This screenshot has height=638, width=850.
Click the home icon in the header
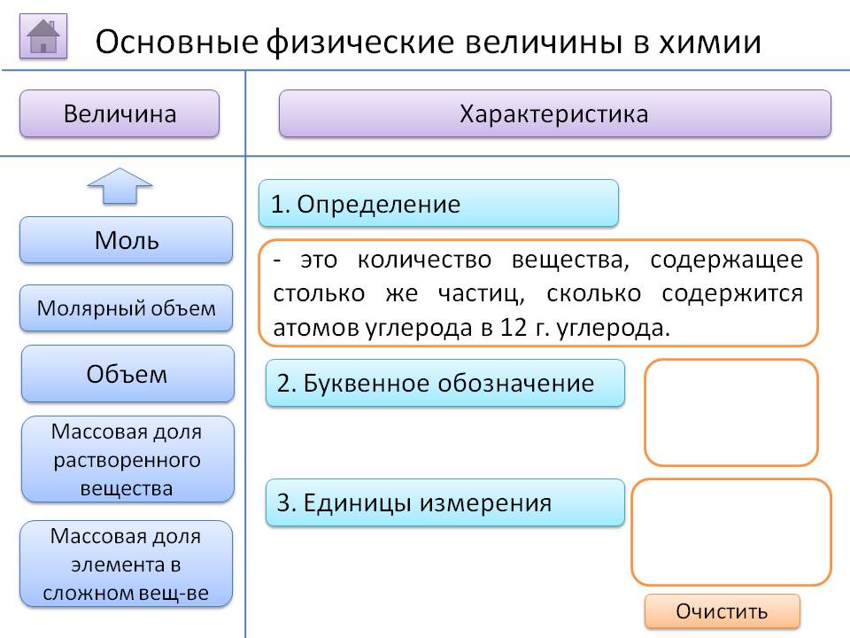tap(43, 37)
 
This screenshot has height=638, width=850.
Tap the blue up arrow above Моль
tap(120, 186)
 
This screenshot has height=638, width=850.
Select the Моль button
tap(127, 240)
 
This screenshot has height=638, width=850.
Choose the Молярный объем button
tap(127, 308)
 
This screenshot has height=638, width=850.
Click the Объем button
tap(127, 374)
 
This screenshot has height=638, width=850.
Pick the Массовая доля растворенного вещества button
tap(127, 459)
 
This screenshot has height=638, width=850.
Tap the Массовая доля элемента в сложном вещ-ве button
tap(127, 564)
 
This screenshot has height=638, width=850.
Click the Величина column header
tap(120, 113)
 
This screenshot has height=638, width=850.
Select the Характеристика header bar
tap(554, 113)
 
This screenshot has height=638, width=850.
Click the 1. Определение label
tap(438, 204)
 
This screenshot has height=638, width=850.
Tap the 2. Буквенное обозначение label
tap(445, 383)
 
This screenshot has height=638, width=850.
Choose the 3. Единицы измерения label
tap(445, 503)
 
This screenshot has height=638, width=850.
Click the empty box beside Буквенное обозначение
tap(730, 412)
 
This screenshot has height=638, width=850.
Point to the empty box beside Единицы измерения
tap(730, 532)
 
